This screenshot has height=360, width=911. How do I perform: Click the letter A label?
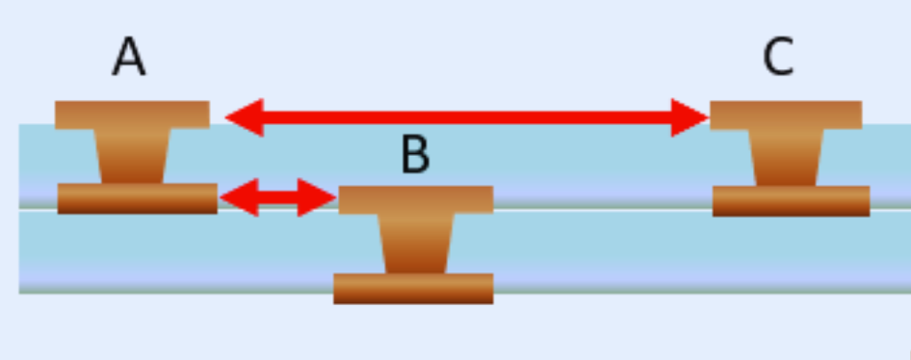click(129, 58)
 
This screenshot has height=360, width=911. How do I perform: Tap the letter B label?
click(414, 155)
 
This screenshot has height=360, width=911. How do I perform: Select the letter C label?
click(778, 58)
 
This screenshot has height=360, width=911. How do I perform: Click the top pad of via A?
click(132, 115)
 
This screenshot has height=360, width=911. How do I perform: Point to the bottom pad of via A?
click(137, 198)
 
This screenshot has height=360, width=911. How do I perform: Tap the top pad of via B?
click(415, 199)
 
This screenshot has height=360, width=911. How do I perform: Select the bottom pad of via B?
click(413, 288)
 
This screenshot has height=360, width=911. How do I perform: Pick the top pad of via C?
click(786, 115)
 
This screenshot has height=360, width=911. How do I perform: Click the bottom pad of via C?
click(791, 200)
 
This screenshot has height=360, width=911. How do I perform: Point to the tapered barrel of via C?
click(787, 157)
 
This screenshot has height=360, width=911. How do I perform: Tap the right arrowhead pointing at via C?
click(690, 117)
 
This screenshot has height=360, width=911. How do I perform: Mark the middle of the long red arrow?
click(467, 117)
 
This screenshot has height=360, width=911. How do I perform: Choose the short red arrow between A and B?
click(277, 197)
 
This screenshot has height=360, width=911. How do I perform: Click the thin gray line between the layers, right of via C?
click(890, 207)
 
